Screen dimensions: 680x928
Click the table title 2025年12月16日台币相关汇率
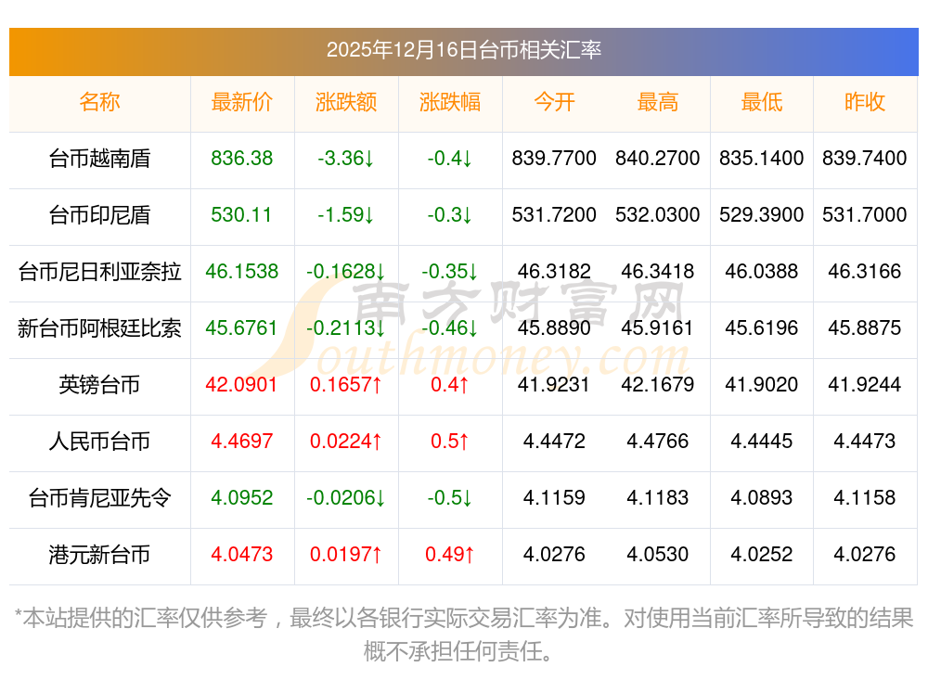point(463,49)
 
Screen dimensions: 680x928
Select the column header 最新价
point(242,102)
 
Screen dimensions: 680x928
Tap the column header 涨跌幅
point(450,102)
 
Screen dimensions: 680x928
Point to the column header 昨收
point(864,102)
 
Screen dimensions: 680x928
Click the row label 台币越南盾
point(99,159)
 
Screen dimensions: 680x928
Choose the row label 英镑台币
point(99,384)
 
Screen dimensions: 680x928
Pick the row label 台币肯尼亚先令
point(99,497)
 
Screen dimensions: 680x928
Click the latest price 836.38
point(242,159)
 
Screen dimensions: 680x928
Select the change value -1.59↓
point(346,215)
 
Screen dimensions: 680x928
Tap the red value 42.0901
point(242,384)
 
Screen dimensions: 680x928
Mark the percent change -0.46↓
point(450,327)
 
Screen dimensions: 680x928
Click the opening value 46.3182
point(554,272)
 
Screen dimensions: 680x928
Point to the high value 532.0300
point(658,215)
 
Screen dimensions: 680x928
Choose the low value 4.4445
point(762,441)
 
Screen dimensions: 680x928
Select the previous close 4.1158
point(864,497)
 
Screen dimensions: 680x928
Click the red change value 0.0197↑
point(346,554)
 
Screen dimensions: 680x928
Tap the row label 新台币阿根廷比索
point(99,327)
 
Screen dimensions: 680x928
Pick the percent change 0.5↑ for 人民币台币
point(450,441)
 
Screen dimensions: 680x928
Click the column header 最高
point(658,102)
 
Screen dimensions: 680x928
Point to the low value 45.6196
point(762,327)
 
